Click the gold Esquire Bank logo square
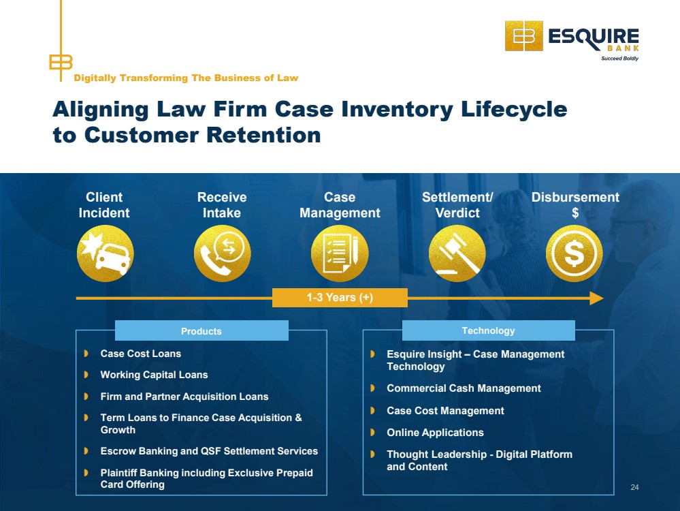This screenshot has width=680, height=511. pos(524,36)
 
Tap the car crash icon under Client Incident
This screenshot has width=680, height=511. pos(106,253)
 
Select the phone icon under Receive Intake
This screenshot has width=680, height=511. pos(223,253)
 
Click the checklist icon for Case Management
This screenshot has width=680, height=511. pos(340,253)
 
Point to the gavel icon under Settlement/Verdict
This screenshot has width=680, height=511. pos(457,253)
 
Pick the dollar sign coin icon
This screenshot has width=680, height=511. pos(574,253)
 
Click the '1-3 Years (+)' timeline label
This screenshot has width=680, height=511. pos(340,298)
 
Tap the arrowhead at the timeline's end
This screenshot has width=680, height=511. pos(597,298)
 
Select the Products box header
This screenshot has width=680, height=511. pos(201,331)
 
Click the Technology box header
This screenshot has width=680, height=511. pos(489,330)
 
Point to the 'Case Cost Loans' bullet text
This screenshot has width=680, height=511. pos(141,354)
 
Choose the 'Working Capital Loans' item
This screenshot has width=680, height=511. pos(155,375)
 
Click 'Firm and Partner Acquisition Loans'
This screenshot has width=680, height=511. pos(184,397)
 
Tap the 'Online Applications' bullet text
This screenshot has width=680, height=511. pos(436,433)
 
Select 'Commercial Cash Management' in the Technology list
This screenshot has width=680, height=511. pos(464,388)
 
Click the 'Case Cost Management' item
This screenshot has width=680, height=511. pos(445,411)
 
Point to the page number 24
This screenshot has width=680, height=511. pos(634,488)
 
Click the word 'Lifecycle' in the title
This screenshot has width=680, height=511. pos(514,110)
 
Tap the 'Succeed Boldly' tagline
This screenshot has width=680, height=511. pos(619,58)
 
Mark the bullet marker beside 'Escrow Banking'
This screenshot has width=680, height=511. pos(86,451)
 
